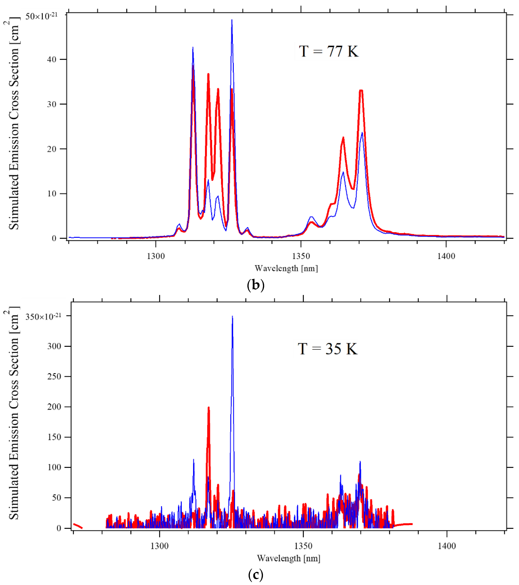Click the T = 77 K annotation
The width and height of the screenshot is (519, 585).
click(x=328, y=51)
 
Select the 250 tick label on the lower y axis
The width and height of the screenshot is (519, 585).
click(x=54, y=376)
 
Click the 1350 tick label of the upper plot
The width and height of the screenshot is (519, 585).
click(x=301, y=256)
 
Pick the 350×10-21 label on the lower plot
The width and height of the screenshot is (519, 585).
click(x=43, y=317)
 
